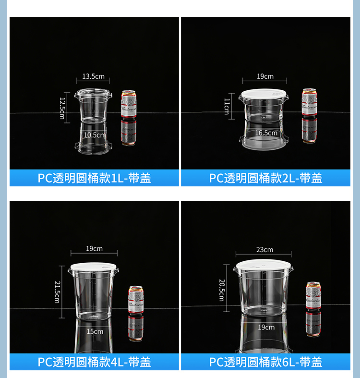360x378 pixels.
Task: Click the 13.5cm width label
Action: coord(93,76)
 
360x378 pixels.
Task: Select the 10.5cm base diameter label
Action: coord(94,135)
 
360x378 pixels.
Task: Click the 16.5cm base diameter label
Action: coord(266,133)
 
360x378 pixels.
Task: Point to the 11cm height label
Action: coord(227,106)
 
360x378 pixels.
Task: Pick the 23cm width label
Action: coord(264,249)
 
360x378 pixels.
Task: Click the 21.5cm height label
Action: coord(57,292)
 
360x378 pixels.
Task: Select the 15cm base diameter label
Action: coord(95,331)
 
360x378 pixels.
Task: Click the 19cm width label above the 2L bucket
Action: coord(264,76)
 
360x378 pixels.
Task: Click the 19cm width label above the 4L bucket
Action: coord(94,248)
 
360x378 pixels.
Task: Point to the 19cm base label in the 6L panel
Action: coord(266,327)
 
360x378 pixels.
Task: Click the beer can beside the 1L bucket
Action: coord(129,104)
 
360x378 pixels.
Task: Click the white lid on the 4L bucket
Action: coord(94,267)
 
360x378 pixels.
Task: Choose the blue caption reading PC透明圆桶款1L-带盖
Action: coord(94,178)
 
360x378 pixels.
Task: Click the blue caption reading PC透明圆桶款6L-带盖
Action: coord(265,362)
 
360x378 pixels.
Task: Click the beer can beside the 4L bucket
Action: coord(135,300)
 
